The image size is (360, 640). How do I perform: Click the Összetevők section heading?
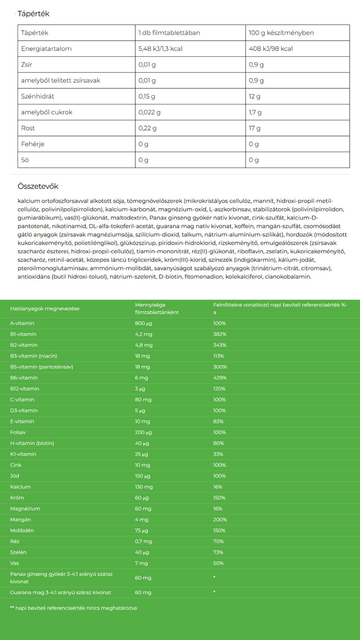click(x=38, y=186)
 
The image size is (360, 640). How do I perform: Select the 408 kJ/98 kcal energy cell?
click(x=271, y=49)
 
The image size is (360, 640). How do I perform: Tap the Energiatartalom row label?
click(x=46, y=49)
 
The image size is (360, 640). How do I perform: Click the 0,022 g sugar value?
click(x=149, y=112)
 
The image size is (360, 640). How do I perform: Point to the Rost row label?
click(x=28, y=128)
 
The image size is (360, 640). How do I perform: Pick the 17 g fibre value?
click(x=255, y=128)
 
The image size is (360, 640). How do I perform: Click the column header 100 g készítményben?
click(x=281, y=33)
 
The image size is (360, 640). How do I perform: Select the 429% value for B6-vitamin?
click(x=220, y=378)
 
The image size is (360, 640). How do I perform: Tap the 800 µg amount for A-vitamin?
click(x=143, y=323)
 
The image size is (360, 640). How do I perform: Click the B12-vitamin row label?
click(x=25, y=389)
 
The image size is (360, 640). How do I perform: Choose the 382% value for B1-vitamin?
click(x=220, y=334)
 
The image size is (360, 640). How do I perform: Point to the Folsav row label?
click(x=18, y=432)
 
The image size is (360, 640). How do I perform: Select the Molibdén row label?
click(x=22, y=530)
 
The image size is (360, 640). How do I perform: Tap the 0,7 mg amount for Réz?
click(x=143, y=541)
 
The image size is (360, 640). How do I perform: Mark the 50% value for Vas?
click(x=218, y=563)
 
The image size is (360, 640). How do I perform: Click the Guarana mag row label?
click(x=60, y=592)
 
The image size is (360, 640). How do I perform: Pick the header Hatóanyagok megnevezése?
click(x=45, y=308)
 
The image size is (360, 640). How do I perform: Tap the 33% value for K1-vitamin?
click(x=218, y=454)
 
